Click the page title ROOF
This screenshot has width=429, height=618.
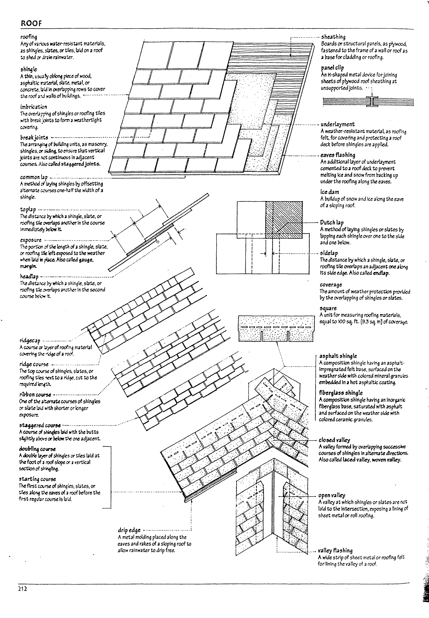[31, 23]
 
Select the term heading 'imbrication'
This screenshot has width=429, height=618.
[33, 107]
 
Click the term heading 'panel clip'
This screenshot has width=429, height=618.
[332, 67]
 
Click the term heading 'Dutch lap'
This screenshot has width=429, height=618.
[332, 222]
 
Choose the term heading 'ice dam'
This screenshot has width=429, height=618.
[329, 192]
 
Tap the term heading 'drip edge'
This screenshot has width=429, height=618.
[129, 530]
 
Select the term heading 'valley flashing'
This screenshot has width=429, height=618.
[335, 550]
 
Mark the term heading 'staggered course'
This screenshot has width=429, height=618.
[40, 425]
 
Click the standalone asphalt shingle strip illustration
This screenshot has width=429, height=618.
[276, 328]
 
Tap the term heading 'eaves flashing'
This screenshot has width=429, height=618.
[338, 155]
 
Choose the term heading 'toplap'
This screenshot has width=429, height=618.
[28, 209]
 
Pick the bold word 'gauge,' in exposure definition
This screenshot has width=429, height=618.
[86, 260]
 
